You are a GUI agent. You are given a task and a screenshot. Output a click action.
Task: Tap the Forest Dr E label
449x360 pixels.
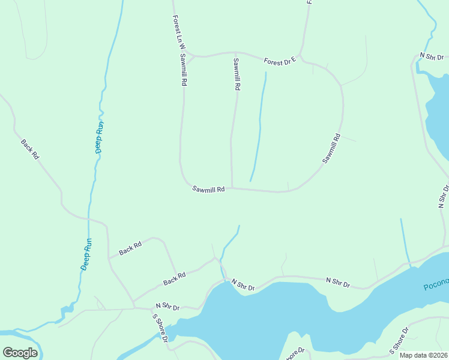(281, 61)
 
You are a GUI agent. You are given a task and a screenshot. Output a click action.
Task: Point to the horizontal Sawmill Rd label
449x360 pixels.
(208, 189)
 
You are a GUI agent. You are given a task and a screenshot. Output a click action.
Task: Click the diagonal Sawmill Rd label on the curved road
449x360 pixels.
(331, 148)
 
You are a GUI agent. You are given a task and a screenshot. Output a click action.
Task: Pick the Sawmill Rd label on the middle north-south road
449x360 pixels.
(237, 74)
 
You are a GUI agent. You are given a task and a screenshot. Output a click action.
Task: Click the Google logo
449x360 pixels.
(20, 353)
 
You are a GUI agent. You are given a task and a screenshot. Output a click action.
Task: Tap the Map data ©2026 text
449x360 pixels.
(423, 355)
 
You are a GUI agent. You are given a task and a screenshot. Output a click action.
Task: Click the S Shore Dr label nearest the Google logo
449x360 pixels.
(159, 328)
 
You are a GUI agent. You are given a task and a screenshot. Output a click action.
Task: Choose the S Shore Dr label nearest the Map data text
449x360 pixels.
(399, 340)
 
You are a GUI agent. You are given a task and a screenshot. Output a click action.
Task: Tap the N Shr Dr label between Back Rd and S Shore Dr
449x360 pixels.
(167, 306)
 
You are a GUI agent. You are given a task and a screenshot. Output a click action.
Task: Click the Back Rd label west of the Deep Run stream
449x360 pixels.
(30, 149)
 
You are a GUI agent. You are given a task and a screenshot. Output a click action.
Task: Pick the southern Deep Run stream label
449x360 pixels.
(86, 254)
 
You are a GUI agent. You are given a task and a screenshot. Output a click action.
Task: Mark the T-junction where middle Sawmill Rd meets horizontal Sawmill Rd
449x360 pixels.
(232, 188)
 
